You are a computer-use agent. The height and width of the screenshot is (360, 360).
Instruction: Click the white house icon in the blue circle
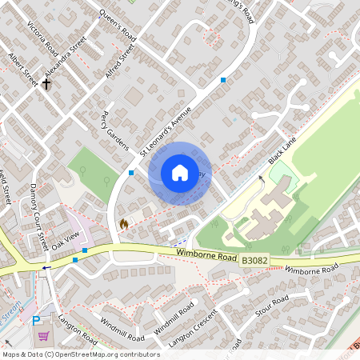[x=180, y=173]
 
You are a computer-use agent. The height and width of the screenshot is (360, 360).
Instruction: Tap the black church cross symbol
[x=46, y=83]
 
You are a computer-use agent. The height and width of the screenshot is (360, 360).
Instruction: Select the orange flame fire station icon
[x=123, y=225]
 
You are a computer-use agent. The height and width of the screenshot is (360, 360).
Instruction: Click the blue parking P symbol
[x=36, y=320]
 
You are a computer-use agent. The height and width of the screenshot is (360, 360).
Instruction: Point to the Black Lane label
[x=282, y=150]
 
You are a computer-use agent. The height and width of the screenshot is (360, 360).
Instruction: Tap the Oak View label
[x=67, y=238]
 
